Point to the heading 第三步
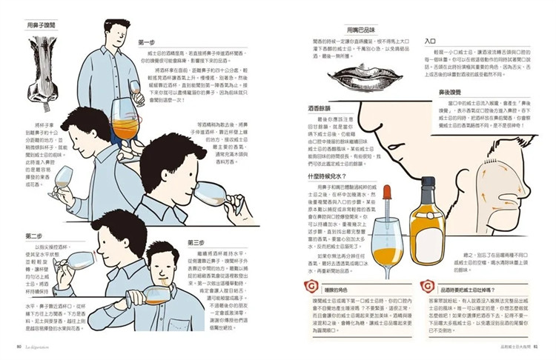196,242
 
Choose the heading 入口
429,42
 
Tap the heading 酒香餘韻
320,108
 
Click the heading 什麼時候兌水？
327,176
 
